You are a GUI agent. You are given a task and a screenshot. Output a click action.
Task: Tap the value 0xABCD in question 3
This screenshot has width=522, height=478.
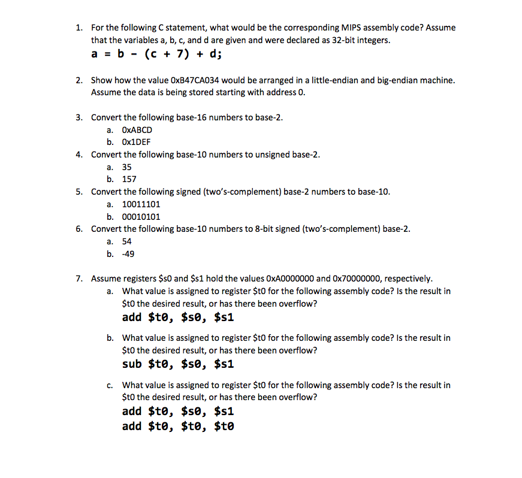(x=137, y=130)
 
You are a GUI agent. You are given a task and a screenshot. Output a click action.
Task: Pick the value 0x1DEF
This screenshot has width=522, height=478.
(x=136, y=142)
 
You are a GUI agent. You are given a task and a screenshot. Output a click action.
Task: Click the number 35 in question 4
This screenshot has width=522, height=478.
(x=127, y=167)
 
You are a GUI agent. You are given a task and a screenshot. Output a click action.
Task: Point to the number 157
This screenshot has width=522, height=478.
(x=129, y=179)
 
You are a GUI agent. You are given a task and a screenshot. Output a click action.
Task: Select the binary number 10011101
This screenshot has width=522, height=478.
(x=141, y=204)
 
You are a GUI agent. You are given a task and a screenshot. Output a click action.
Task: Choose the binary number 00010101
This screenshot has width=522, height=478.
(x=141, y=217)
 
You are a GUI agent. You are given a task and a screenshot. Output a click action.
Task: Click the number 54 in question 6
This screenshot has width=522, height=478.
(x=127, y=241)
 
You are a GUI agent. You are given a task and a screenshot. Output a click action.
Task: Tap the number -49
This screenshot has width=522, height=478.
(x=128, y=254)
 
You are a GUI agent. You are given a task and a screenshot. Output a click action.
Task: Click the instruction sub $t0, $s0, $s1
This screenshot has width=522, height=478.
(x=177, y=364)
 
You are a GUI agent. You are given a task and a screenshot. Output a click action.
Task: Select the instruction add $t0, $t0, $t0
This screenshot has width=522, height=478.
(x=177, y=426)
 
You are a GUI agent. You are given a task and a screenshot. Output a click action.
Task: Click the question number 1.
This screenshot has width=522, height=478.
(x=79, y=28)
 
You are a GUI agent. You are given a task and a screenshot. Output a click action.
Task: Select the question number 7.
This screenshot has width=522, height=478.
(x=79, y=279)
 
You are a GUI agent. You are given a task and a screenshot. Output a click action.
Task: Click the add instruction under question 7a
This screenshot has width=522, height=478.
(x=177, y=317)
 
